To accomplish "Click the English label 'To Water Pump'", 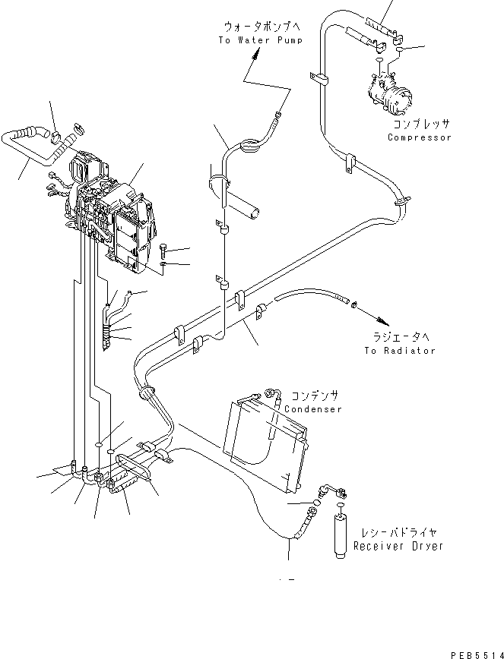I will [260, 40].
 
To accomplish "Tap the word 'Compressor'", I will [420, 137].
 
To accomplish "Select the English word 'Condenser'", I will [312, 409].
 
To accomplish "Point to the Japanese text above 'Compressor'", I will [421, 125].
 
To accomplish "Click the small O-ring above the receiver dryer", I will [341, 506].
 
